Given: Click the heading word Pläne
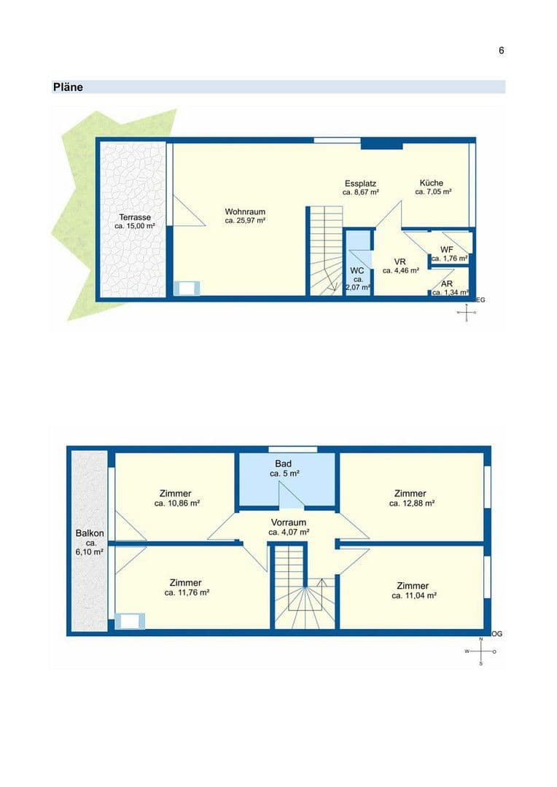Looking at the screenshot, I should pyautogui.click(x=68, y=87).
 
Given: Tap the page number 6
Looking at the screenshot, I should pyautogui.click(x=502, y=50).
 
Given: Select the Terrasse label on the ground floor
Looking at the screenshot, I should pyautogui.click(x=135, y=217).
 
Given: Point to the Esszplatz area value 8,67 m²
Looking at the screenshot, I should pyautogui.click(x=361, y=192).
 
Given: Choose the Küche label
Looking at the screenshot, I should pyautogui.click(x=431, y=183).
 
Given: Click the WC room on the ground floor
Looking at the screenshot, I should pyautogui.click(x=357, y=271).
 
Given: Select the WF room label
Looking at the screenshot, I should pyautogui.click(x=447, y=249).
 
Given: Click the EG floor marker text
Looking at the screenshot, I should pyautogui.click(x=480, y=299).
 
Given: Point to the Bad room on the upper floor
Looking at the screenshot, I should pyautogui.click(x=284, y=463).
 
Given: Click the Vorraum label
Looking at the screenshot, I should pyautogui.click(x=288, y=522).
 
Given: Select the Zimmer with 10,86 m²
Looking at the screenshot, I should pyautogui.click(x=177, y=493).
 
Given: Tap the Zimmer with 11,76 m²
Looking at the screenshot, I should pyautogui.click(x=186, y=582).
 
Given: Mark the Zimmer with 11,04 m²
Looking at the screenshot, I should pyautogui.click(x=413, y=586).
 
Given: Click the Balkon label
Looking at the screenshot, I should pyautogui.click(x=90, y=533).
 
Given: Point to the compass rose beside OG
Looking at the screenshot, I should pyautogui.click(x=481, y=651).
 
